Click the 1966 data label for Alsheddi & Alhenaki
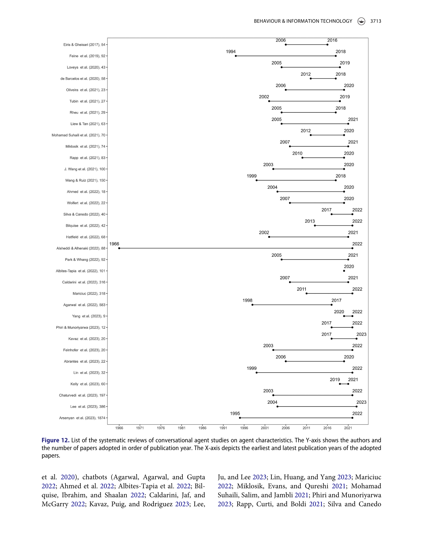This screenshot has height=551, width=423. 114,244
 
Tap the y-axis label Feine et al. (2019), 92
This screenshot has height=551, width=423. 87,56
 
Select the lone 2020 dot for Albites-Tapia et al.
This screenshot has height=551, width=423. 344,271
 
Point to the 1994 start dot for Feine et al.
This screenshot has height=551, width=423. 236,56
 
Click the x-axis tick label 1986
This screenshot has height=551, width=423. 202,428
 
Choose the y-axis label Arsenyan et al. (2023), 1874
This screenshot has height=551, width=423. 82,418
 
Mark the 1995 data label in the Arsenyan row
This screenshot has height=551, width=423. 235,414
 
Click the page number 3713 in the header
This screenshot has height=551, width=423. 376,21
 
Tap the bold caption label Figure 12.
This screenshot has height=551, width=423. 55,440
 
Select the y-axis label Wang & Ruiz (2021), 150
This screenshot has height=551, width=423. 85,180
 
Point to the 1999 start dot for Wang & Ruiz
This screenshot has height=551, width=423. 257,180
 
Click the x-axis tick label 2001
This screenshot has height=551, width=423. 265,428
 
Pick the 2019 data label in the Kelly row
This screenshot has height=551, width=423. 335,380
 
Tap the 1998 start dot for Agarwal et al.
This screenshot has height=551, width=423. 252,305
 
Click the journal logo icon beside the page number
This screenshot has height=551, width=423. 361,21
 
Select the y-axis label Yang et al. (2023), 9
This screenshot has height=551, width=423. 89,316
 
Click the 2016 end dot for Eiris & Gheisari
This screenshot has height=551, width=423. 327,44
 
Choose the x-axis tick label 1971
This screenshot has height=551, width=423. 140,428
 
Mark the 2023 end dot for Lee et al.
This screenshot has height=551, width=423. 357,407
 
